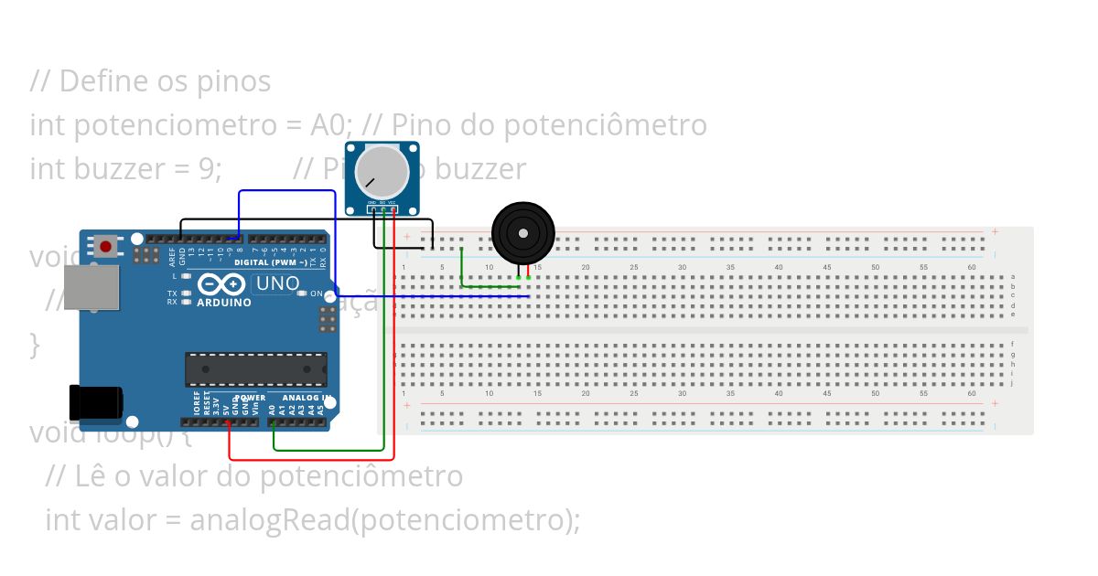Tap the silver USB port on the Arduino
click(91, 287)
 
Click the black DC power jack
click(95, 401)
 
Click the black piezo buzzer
click(522, 233)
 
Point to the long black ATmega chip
click(255, 368)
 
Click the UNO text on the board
click(277, 283)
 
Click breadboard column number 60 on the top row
click(971, 267)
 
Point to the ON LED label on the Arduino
click(316, 294)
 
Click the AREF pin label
click(172, 257)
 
